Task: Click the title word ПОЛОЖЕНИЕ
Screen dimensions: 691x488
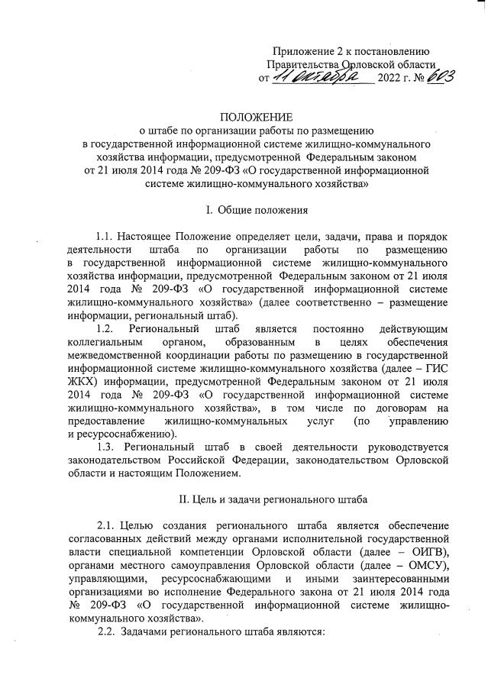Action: [x=256, y=116]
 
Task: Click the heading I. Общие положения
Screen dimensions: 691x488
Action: [x=257, y=209]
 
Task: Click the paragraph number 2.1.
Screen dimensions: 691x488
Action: [x=108, y=528]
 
